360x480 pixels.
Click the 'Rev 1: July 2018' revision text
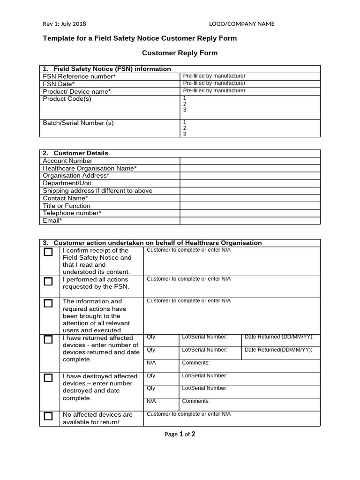pos(64,24)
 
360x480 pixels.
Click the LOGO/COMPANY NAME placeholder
pos(241,24)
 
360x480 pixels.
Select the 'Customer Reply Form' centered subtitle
pos(180,53)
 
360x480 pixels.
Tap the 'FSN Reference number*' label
pos(79,76)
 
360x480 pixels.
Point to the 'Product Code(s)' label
pos(67,99)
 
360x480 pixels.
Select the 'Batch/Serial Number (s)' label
pos(78,123)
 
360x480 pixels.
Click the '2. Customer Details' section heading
pos(75,153)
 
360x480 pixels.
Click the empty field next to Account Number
pos(250,161)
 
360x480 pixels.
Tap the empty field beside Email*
pos(250,221)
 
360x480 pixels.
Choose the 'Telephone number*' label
pos(72,213)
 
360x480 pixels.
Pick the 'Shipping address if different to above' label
pos(97,191)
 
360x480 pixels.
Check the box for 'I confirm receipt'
pos(48,252)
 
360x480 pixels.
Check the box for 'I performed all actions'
pos(48,281)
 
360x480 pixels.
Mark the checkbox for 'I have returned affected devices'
pos(48,339)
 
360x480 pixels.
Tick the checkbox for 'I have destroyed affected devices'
pos(48,377)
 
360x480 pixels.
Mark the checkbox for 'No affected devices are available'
pos(48,416)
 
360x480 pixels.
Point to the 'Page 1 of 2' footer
pos(180,434)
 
